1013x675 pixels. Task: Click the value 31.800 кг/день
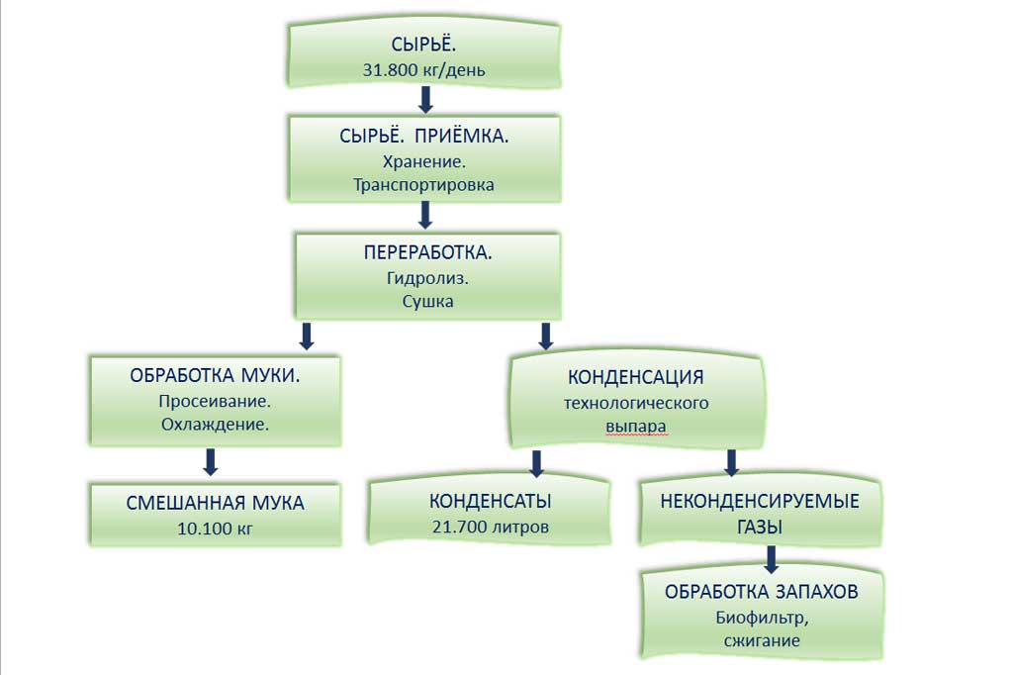[423, 70]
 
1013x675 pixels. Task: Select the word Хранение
[423, 161]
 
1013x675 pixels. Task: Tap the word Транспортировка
[423, 185]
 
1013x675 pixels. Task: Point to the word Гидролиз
[427, 279]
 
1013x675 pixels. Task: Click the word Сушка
[427, 301]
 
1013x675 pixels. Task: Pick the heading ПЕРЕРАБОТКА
[427, 252]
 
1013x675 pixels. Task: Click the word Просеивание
[215, 402]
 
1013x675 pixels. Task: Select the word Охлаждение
[215, 425]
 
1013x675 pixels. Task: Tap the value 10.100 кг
[215, 529]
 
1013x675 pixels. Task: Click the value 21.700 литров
[491, 527]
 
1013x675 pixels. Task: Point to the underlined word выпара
[636, 427]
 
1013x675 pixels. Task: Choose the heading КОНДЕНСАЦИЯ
[636, 377]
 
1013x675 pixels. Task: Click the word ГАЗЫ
[760, 527]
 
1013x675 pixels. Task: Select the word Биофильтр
[762, 619]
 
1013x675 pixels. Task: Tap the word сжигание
[762, 640]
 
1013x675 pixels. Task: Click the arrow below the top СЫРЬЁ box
[425, 100]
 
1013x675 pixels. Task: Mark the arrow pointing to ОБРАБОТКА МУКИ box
[307, 337]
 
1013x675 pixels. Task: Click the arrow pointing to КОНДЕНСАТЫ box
[536, 463]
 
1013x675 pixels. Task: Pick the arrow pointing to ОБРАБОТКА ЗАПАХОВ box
[771, 560]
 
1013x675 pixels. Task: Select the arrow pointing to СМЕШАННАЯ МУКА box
[211, 462]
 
